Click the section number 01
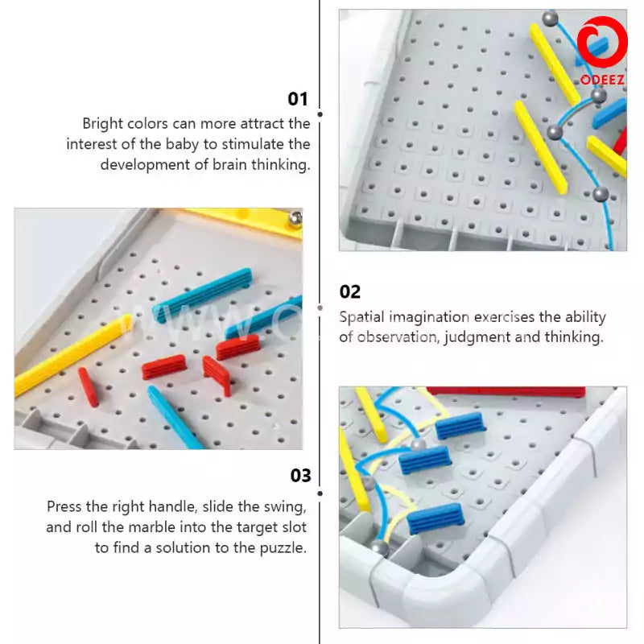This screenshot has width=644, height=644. coord(298,99)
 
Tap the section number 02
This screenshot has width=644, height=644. coord(350,291)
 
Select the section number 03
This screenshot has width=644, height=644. coord(300,476)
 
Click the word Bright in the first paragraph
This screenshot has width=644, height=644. coord(102,124)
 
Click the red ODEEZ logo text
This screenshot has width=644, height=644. coord(602,80)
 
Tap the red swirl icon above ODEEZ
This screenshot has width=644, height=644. coord(603,45)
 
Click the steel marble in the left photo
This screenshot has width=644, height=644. coord(295,217)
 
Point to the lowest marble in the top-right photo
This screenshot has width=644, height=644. coord(601,193)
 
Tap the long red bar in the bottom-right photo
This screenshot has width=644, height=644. coord(505,392)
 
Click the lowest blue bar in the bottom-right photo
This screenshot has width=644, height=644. coord(435,519)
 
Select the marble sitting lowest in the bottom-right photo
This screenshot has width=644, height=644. coord(378,548)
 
